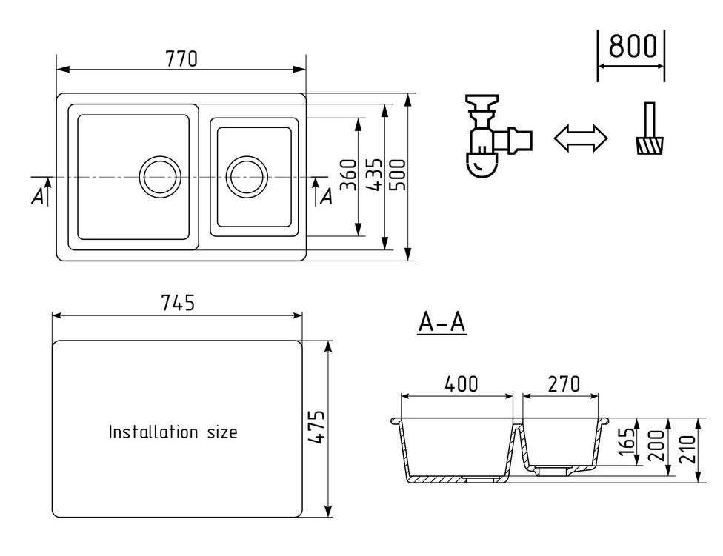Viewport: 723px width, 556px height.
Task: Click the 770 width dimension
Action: tap(181, 58)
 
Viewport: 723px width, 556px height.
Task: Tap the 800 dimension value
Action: tap(632, 47)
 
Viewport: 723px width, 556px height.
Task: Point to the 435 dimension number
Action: tap(374, 175)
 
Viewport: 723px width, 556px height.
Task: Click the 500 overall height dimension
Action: tap(399, 175)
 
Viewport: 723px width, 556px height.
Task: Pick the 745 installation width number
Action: tap(177, 304)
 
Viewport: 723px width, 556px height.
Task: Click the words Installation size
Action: tap(173, 432)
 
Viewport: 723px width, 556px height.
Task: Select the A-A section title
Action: tap(442, 323)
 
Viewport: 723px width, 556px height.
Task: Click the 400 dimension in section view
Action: tap(461, 383)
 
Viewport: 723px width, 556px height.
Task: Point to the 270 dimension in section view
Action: tap(563, 383)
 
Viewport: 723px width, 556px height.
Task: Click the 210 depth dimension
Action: tap(687, 449)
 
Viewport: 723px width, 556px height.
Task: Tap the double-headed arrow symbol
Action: tap(580, 138)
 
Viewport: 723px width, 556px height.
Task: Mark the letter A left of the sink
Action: tap(37, 196)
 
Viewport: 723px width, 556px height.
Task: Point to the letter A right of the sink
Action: tap(326, 196)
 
